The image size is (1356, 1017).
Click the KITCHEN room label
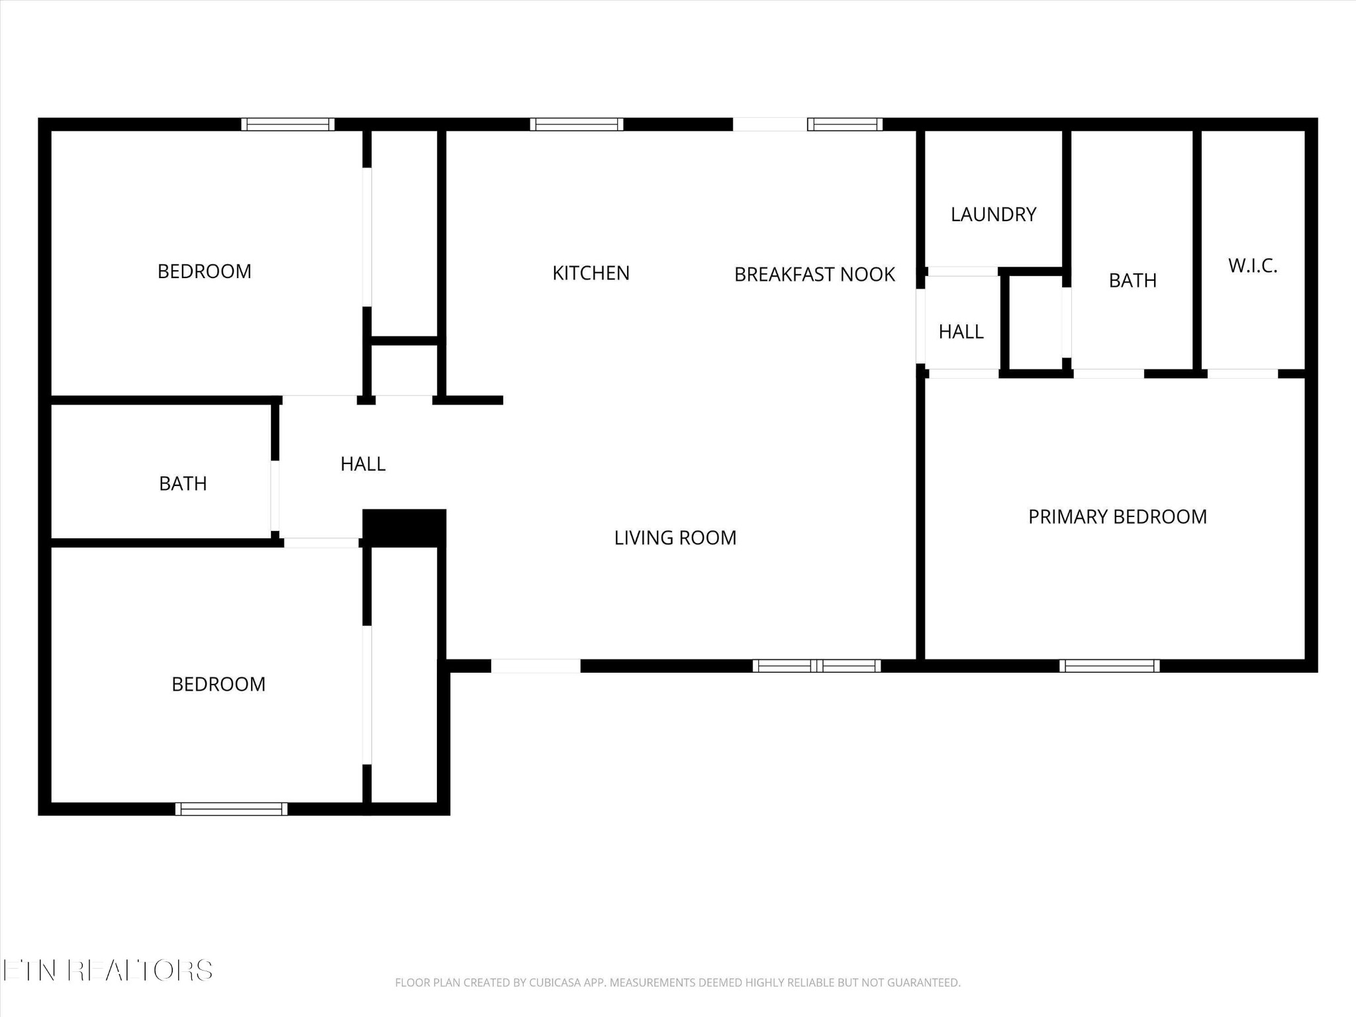pyautogui.click(x=591, y=273)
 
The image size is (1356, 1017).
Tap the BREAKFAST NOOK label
pyautogui.click(x=814, y=274)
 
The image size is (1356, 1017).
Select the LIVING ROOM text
pyautogui.click(x=675, y=538)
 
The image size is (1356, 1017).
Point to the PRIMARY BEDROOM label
pyautogui.click(x=1117, y=516)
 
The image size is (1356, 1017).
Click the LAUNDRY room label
pyautogui.click(x=993, y=215)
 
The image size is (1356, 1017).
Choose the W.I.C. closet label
pyautogui.click(x=1252, y=266)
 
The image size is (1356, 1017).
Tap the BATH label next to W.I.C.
pyautogui.click(x=1132, y=281)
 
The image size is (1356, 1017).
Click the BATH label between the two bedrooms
pyautogui.click(x=183, y=484)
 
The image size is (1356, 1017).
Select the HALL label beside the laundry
pyautogui.click(x=961, y=332)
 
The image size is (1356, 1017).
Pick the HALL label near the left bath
pyautogui.click(x=363, y=464)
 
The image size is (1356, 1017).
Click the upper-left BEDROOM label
pyautogui.click(x=204, y=271)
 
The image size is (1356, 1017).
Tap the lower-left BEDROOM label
pyautogui.click(x=218, y=684)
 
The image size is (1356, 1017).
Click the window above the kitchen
pyautogui.click(x=576, y=124)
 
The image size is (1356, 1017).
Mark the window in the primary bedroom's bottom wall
pyautogui.click(x=1109, y=666)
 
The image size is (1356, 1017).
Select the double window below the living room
pyautogui.click(x=816, y=666)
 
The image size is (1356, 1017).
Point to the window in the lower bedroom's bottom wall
pyautogui.click(x=231, y=809)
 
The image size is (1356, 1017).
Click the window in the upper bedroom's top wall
pyautogui.click(x=287, y=124)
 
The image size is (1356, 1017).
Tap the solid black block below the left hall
pyautogui.click(x=404, y=528)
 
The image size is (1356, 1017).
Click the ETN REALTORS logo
pyautogui.click(x=107, y=971)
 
